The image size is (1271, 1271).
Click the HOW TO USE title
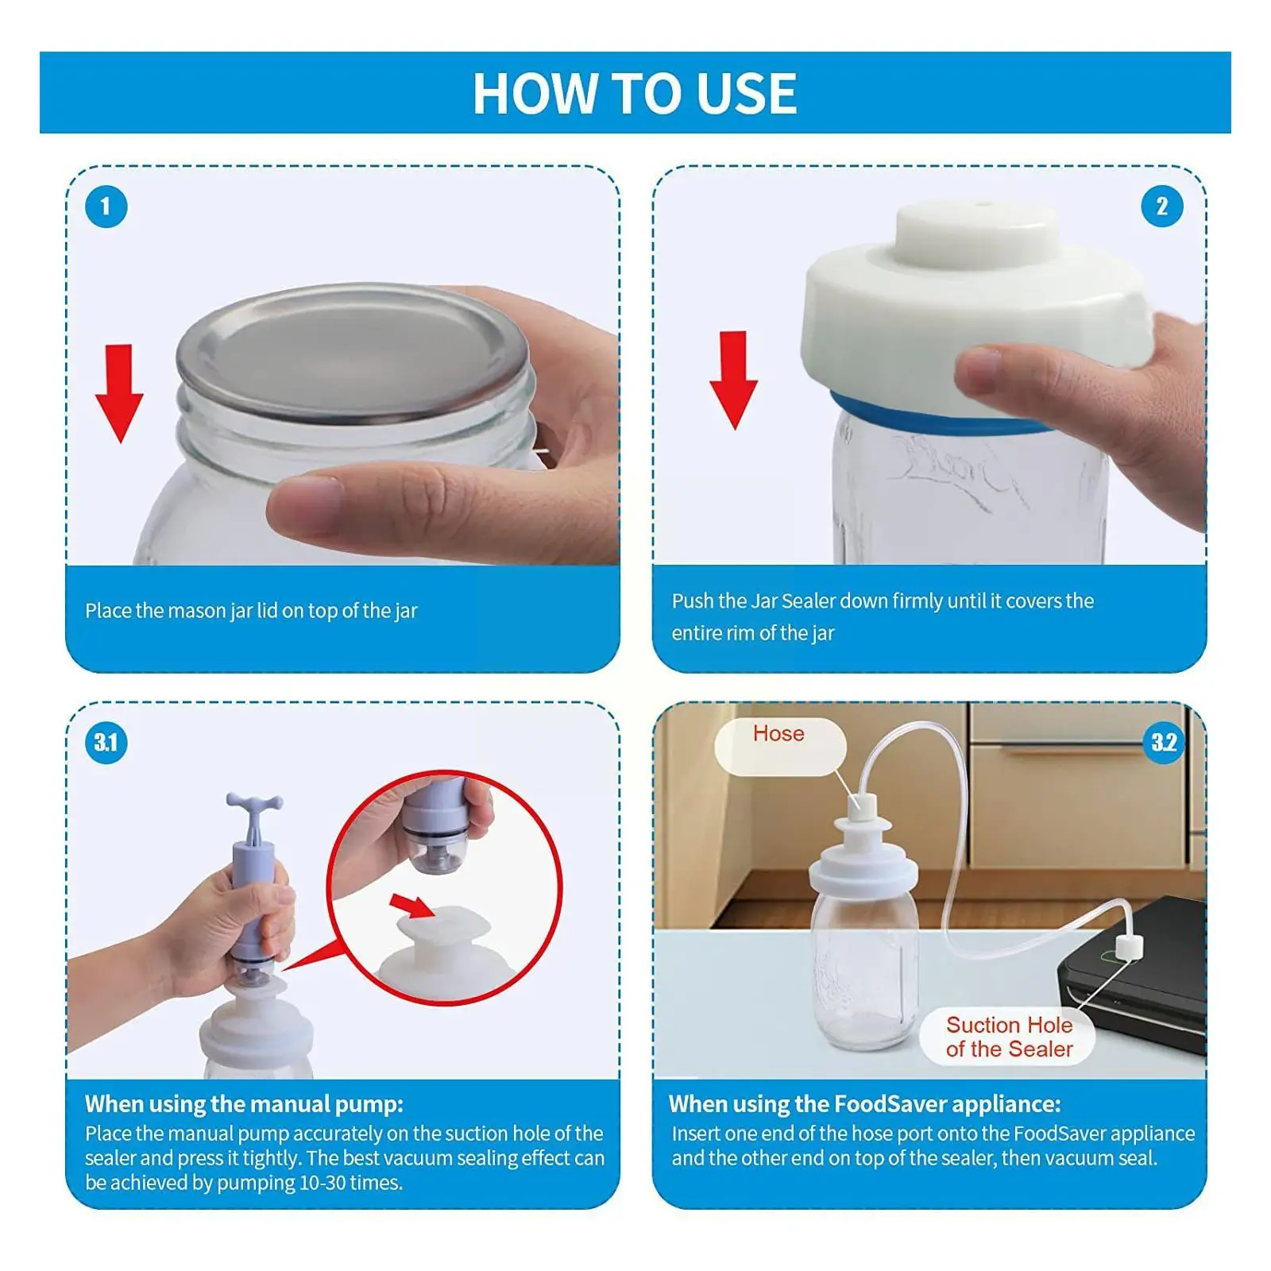635,93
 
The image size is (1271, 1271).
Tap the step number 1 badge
106,207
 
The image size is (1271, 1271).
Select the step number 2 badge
1162,207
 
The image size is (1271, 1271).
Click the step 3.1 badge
106,743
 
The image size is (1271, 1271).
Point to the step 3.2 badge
1164,743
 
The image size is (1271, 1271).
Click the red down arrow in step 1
119,393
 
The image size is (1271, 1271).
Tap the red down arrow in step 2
733,381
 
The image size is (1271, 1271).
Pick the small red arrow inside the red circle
412,905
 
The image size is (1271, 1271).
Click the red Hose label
778,733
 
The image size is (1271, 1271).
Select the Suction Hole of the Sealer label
1009,1037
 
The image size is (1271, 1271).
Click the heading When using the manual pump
244,1104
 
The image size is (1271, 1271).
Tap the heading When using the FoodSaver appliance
864,1104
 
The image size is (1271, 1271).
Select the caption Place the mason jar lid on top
251,611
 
